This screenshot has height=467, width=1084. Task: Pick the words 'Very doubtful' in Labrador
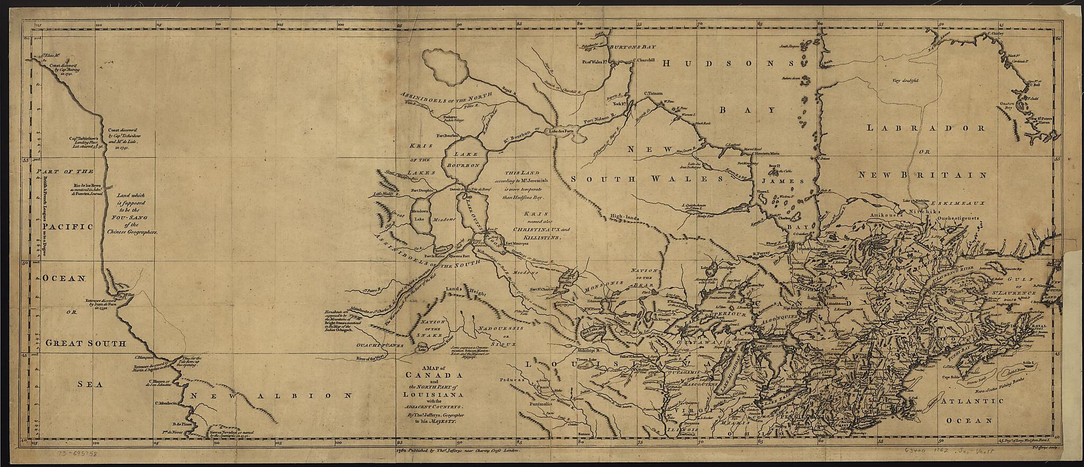coord(905,81)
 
